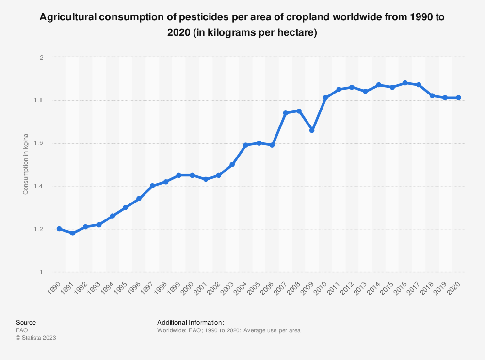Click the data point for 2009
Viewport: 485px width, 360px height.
312,130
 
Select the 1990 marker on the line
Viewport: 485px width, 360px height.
59,229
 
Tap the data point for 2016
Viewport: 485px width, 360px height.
405,83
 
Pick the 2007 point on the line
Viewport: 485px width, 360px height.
285,113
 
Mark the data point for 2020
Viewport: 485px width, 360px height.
458,98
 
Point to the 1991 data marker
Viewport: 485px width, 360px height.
72,233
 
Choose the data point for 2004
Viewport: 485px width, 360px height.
245,145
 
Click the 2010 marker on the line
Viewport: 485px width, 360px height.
325,98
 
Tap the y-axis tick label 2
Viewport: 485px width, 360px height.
42,57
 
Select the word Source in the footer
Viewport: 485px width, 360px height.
26,322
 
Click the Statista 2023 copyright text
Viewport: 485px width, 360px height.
36,338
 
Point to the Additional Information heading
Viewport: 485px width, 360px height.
191,322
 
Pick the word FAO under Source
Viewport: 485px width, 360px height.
22,330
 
